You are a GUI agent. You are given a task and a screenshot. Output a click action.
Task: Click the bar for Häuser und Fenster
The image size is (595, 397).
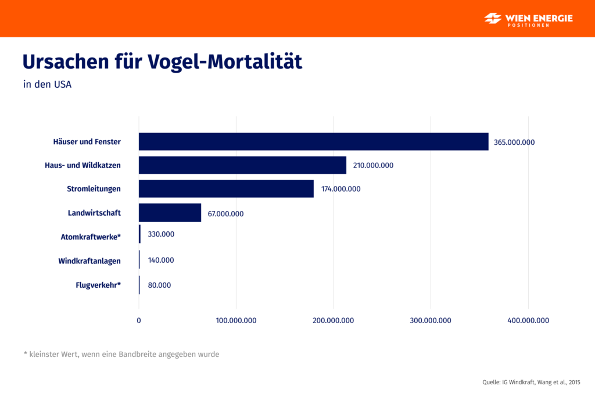pyautogui.click(x=313, y=142)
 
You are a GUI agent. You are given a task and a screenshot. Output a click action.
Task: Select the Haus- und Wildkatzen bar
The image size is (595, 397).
pyautogui.click(x=242, y=165)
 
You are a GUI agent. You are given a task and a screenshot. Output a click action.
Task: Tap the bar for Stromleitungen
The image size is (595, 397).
pyautogui.click(x=226, y=189)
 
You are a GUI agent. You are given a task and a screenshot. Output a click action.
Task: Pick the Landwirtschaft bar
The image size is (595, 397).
pyautogui.click(x=170, y=213)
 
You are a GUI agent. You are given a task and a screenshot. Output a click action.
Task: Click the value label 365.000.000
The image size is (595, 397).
pyautogui.click(x=514, y=142)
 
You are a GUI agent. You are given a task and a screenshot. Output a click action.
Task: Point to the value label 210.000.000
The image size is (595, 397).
pyautogui.click(x=373, y=166)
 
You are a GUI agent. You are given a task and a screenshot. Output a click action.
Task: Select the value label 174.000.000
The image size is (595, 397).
pyautogui.click(x=340, y=189)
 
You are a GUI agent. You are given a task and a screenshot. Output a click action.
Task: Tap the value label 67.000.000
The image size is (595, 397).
pyautogui.click(x=225, y=214)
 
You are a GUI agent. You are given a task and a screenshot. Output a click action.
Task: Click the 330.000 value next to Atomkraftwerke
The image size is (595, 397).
pyautogui.click(x=161, y=234)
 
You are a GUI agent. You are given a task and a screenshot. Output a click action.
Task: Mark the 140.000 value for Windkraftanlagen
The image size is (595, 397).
pyautogui.click(x=161, y=260)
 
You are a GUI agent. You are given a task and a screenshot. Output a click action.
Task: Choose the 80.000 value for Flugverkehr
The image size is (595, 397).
pyautogui.click(x=159, y=285)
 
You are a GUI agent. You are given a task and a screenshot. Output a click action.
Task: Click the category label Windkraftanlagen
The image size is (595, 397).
pyautogui.click(x=89, y=261)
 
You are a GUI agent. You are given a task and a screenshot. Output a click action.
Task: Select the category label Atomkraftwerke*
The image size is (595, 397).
pyautogui.click(x=91, y=237)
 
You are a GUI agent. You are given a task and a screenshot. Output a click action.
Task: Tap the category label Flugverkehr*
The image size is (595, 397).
pyautogui.click(x=98, y=285)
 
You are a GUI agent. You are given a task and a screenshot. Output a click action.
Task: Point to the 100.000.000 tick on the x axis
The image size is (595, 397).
pyautogui.click(x=236, y=321)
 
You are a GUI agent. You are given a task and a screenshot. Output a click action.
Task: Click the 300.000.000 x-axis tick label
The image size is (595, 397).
pyautogui.click(x=431, y=321)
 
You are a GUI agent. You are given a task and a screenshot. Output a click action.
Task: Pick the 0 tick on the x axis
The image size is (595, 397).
pyautogui.click(x=139, y=321)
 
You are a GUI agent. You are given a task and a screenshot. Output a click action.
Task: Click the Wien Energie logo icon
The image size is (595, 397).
pyautogui.click(x=493, y=19)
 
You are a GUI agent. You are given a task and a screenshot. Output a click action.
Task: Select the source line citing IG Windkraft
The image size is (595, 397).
pyautogui.click(x=531, y=382)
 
